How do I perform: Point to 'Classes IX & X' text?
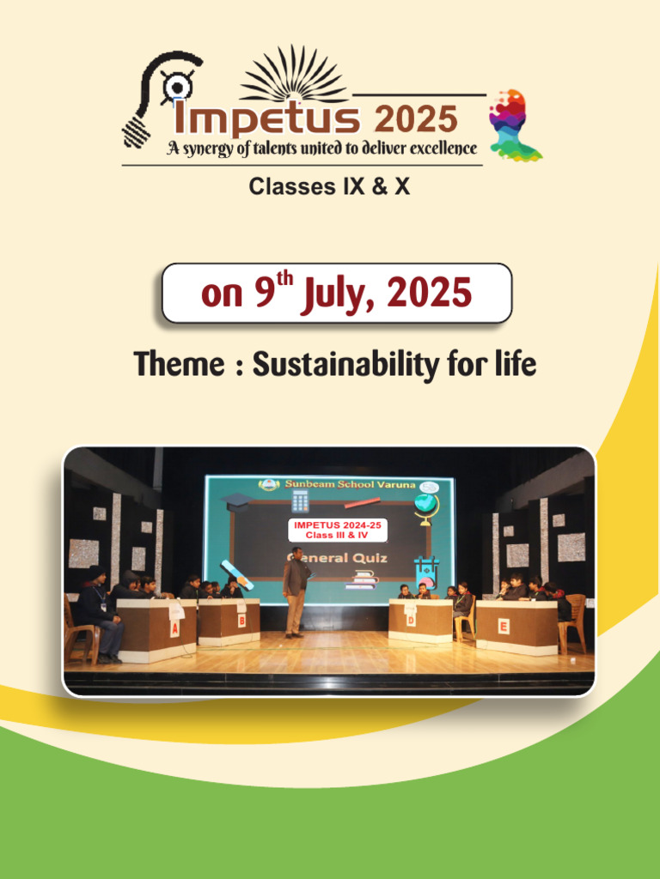[329, 186]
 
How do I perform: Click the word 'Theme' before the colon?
[177, 365]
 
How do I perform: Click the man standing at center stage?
[296, 591]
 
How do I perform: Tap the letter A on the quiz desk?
[174, 628]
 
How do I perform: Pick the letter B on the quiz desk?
[241, 620]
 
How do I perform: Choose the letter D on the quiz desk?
[411, 619]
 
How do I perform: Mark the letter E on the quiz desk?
[504, 626]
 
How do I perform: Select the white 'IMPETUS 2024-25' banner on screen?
[337, 530]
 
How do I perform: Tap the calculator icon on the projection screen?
[300, 501]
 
